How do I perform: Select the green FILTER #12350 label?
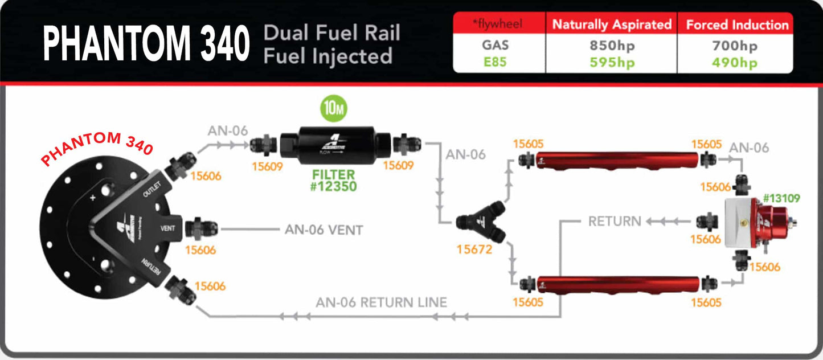tap(334, 180)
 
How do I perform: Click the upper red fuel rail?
tap(617, 161)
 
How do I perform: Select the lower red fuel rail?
tap(619, 283)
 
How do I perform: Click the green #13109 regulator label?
tap(781, 198)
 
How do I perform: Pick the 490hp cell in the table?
tap(735, 62)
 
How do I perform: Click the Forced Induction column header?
tap(737, 25)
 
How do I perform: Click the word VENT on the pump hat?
tap(167, 228)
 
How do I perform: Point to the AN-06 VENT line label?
tap(324, 230)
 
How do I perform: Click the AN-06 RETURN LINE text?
tap(381, 302)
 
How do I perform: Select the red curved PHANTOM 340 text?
tap(97, 148)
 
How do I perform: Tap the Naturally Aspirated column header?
tap(612, 25)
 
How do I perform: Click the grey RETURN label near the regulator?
tap(615, 221)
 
